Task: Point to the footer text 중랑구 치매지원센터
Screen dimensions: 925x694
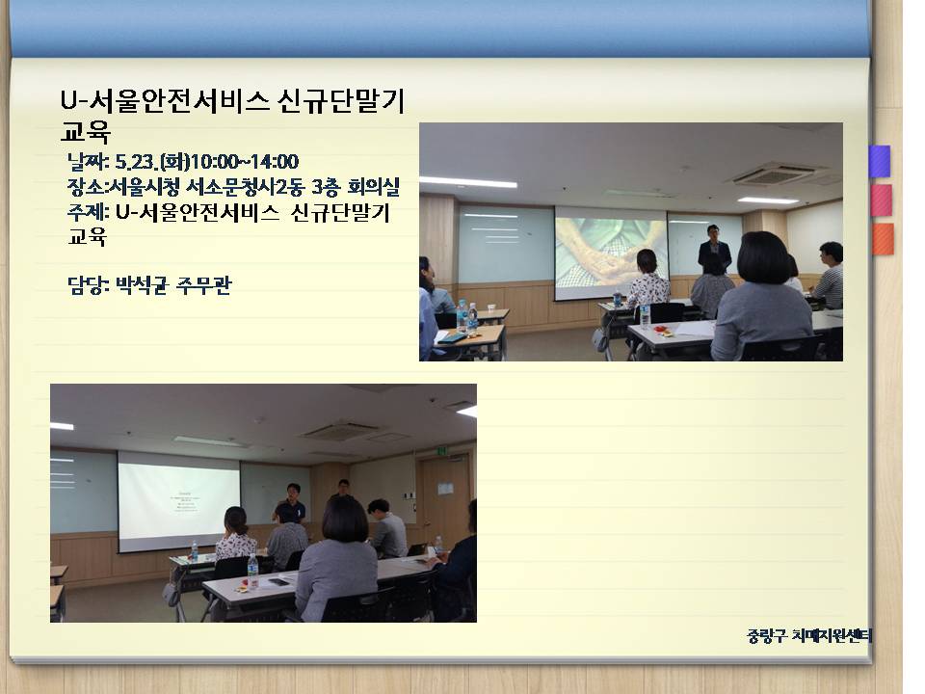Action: point(808,635)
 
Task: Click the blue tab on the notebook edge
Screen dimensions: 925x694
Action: point(880,161)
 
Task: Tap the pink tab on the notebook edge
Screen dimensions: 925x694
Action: point(881,200)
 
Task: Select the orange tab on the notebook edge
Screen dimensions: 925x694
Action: point(883,239)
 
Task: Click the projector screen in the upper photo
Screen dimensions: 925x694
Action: point(611,253)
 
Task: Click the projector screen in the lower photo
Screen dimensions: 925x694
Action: point(179,501)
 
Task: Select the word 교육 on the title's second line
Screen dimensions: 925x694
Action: point(86,131)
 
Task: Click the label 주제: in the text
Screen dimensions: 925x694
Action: point(88,211)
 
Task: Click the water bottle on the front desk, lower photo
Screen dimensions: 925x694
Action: point(253,571)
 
